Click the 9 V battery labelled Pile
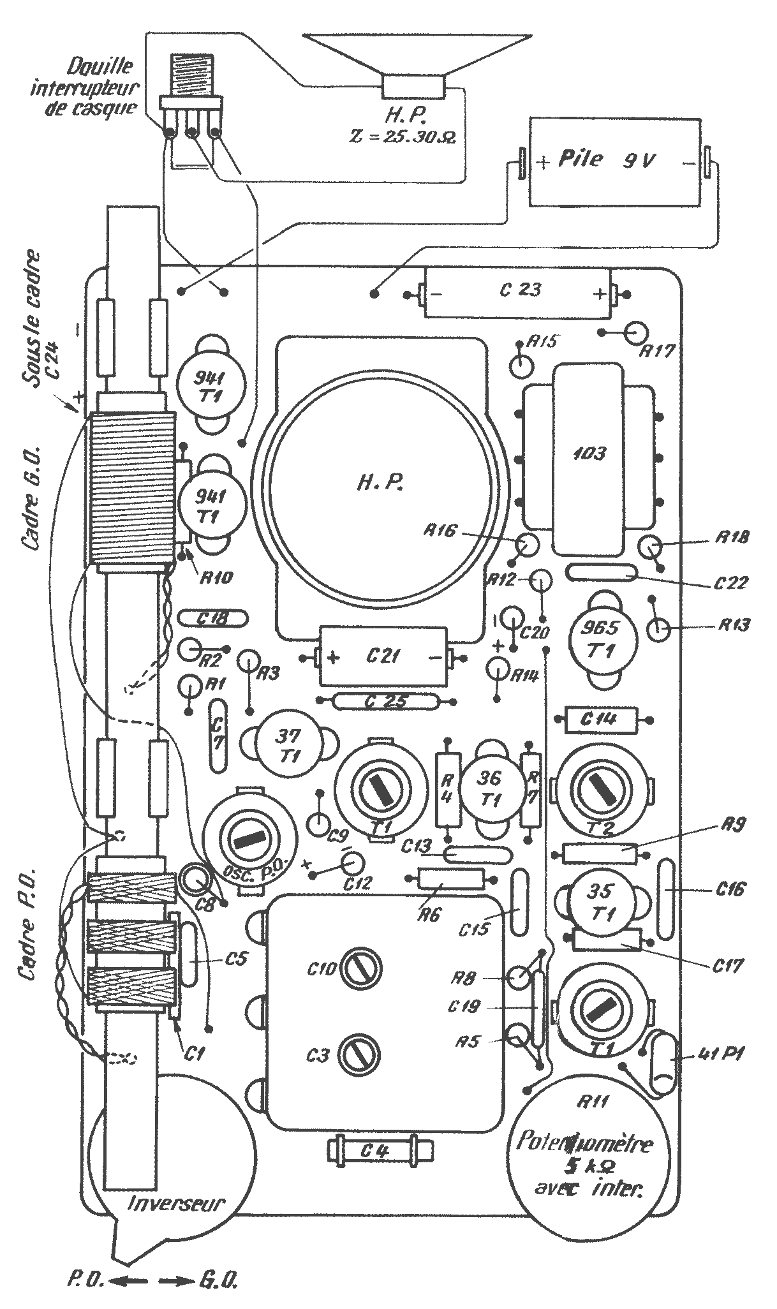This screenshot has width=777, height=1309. point(614,161)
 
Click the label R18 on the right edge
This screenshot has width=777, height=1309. point(733,537)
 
